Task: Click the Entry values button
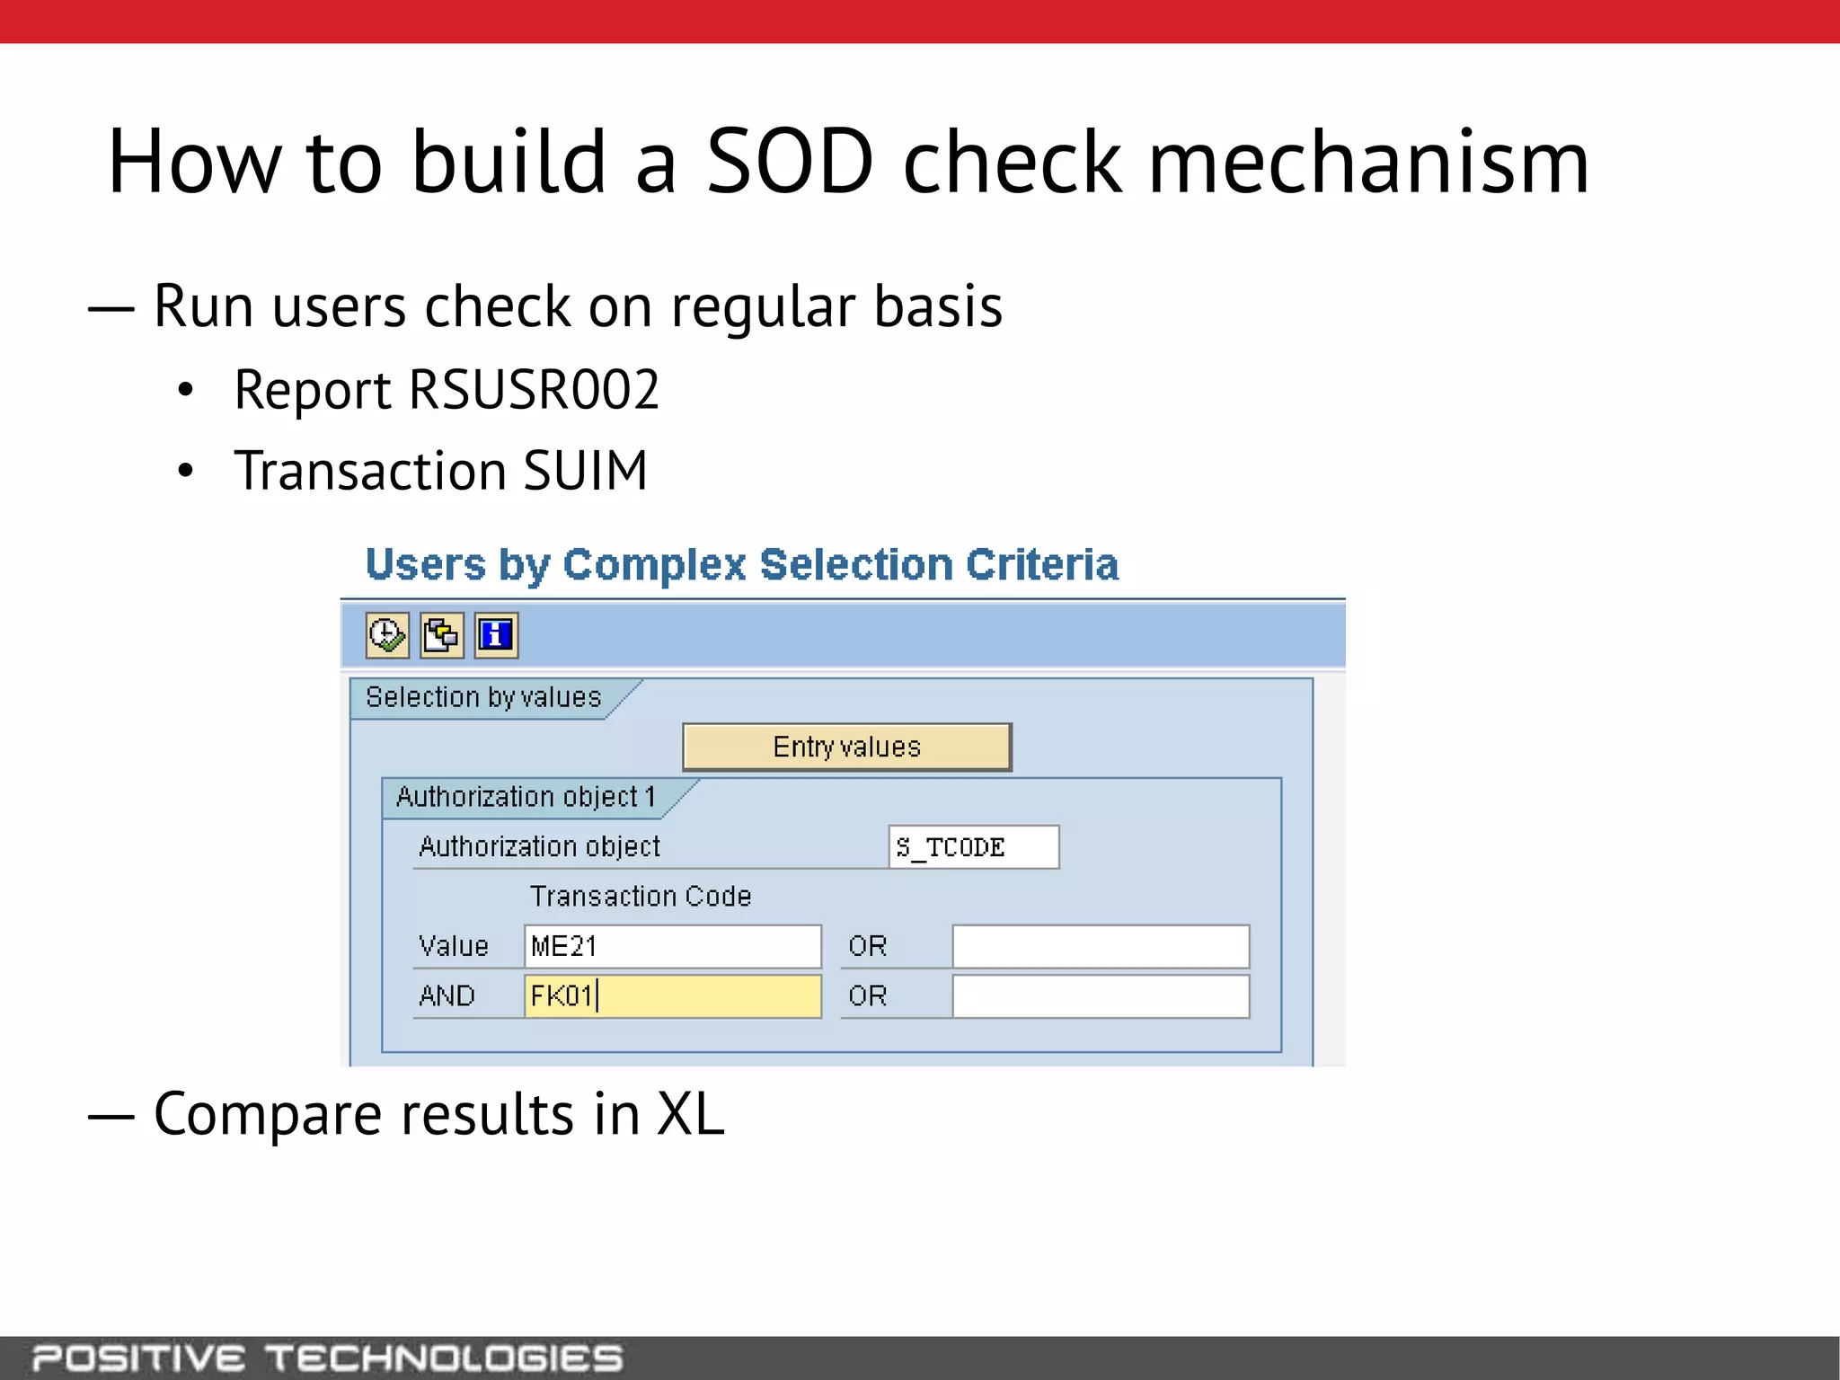[846, 747]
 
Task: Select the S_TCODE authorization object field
[973, 847]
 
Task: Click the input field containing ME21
[672, 946]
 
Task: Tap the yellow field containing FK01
[672, 996]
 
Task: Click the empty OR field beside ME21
[1101, 946]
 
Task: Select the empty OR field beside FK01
[1101, 996]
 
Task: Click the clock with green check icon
[387, 635]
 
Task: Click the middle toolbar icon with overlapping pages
[442, 635]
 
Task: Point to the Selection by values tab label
[483, 697]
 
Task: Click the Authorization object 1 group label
[526, 797]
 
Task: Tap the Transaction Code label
[640, 896]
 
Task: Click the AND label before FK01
[447, 996]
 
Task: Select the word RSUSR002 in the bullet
[534, 390]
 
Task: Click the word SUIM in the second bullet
[585, 471]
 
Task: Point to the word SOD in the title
[790, 162]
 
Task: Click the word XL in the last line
[690, 1115]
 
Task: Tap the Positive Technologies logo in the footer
[328, 1358]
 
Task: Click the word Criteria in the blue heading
[1041, 564]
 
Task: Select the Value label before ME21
[453, 946]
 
